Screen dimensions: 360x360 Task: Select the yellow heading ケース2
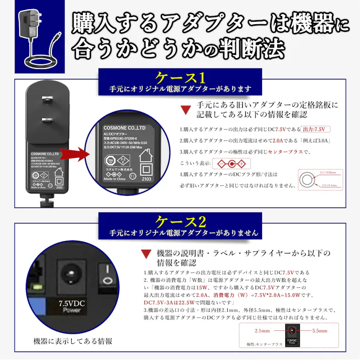[180, 221]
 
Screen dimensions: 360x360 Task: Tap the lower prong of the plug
[46, 120]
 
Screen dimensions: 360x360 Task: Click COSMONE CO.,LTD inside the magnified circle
[124, 128]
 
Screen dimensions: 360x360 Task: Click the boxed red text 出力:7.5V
[314, 129]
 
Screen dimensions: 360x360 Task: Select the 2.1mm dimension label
[262, 331]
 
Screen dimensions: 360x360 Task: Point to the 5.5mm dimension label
[320, 331]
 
